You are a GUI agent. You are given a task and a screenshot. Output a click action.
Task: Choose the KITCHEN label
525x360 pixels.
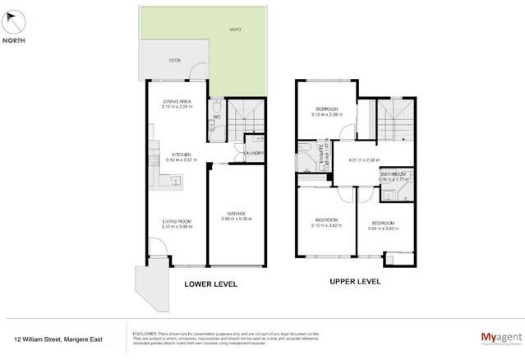(182, 154)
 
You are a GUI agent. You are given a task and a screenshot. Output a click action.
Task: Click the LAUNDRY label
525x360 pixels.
(254, 153)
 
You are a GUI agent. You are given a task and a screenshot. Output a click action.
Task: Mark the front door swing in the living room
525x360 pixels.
(156, 247)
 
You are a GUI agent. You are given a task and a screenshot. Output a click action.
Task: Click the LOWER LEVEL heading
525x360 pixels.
(210, 284)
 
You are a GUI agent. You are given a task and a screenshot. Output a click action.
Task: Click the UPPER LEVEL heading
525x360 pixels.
(354, 280)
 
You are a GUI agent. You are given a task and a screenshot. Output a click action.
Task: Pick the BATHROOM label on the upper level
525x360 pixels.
(392, 174)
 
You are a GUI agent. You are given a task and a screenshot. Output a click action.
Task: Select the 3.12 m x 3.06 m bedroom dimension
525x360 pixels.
(326, 114)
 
